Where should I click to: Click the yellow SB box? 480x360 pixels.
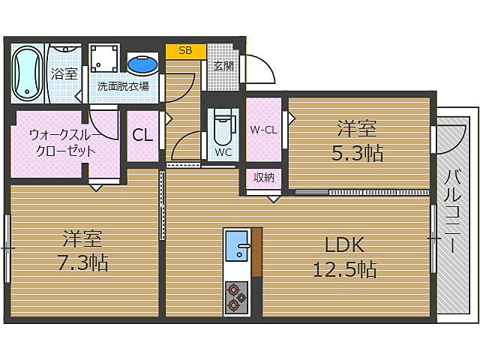(x=185, y=51)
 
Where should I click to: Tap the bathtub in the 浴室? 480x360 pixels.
(x=27, y=73)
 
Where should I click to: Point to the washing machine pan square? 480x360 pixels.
(x=104, y=58)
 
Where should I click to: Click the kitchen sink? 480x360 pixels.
(x=236, y=246)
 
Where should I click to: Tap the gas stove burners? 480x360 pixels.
(x=236, y=298)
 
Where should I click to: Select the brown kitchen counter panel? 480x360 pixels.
(x=257, y=252)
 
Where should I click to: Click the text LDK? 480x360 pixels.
(x=344, y=245)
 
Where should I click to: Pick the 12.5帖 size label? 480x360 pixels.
(x=345, y=269)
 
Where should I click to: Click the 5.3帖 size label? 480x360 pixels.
(x=357, y=153)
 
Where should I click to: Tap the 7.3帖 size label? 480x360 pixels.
(x=83, y=262)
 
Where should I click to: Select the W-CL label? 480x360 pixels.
(x=263, y=130)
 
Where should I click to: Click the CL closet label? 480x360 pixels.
(x=142, y=135)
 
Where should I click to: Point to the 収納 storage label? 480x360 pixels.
(x=263, y=177)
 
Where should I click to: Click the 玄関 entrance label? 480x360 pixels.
(x=223, y=66)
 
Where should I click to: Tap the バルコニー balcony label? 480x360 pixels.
(x=452, y=211)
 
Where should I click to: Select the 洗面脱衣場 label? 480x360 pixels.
(x=123, y=86)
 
